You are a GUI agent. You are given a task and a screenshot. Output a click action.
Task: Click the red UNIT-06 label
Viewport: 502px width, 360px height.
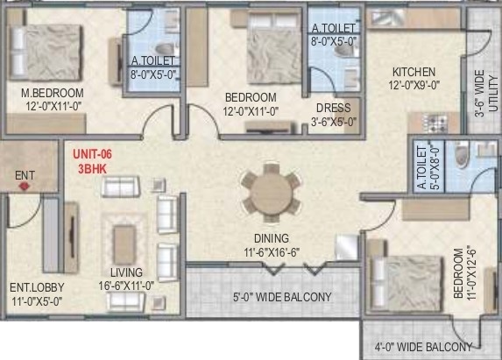click(x=94, y=154)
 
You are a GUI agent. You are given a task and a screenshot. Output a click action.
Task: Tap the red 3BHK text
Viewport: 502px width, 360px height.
click(x=88, y=167)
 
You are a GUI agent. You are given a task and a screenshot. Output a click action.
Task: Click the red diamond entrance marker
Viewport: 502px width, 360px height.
click(x=25, y=185)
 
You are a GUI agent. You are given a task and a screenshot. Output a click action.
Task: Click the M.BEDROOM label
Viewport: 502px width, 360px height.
click(x=53, y=93)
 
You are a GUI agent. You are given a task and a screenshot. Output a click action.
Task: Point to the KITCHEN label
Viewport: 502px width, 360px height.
click(x=414, y=72)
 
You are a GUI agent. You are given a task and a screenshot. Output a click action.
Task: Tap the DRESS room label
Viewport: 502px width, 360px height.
click(x=334, y=109)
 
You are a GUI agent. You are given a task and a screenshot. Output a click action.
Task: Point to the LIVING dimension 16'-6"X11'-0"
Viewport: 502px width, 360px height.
click(x=127, y=286)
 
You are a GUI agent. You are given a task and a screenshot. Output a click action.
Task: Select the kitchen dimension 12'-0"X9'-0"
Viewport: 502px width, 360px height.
click(x=414, y=85)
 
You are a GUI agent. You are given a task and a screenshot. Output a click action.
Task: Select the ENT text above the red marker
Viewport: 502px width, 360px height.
click(x=25, y=173)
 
